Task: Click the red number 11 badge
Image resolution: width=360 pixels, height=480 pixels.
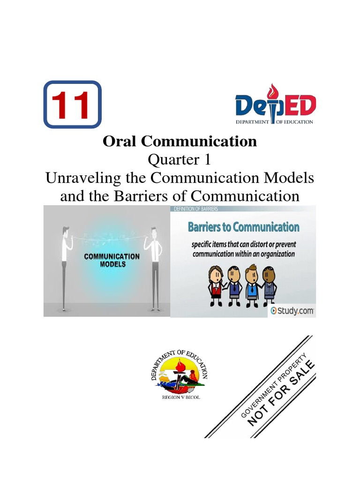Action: point(72,105)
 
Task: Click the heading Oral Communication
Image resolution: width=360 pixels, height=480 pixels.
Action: point(180,141)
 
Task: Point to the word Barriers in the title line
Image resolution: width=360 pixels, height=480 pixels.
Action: point(142,195)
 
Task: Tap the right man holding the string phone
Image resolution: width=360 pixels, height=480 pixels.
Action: point(153,267)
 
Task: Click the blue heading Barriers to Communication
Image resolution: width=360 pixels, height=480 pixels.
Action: point(243,228)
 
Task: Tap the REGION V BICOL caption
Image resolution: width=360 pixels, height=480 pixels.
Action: point(180,397)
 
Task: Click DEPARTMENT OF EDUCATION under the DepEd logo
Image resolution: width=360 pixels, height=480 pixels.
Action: point(275,122)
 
